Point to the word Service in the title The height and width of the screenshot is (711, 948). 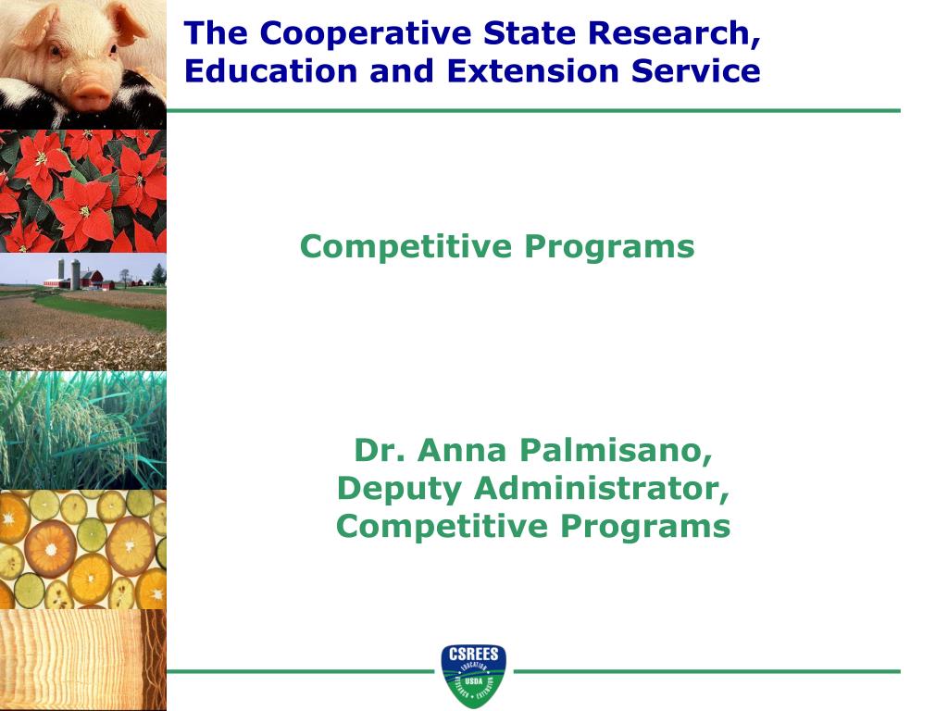pyautogui.click(x=700, y=71)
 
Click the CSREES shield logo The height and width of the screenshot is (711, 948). pyautogui.click(x=473, y=674)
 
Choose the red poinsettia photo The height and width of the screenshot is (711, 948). pyautogui.click(x=83, y=190)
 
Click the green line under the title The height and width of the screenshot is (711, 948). pyautogui.click(x=532, y=110)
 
